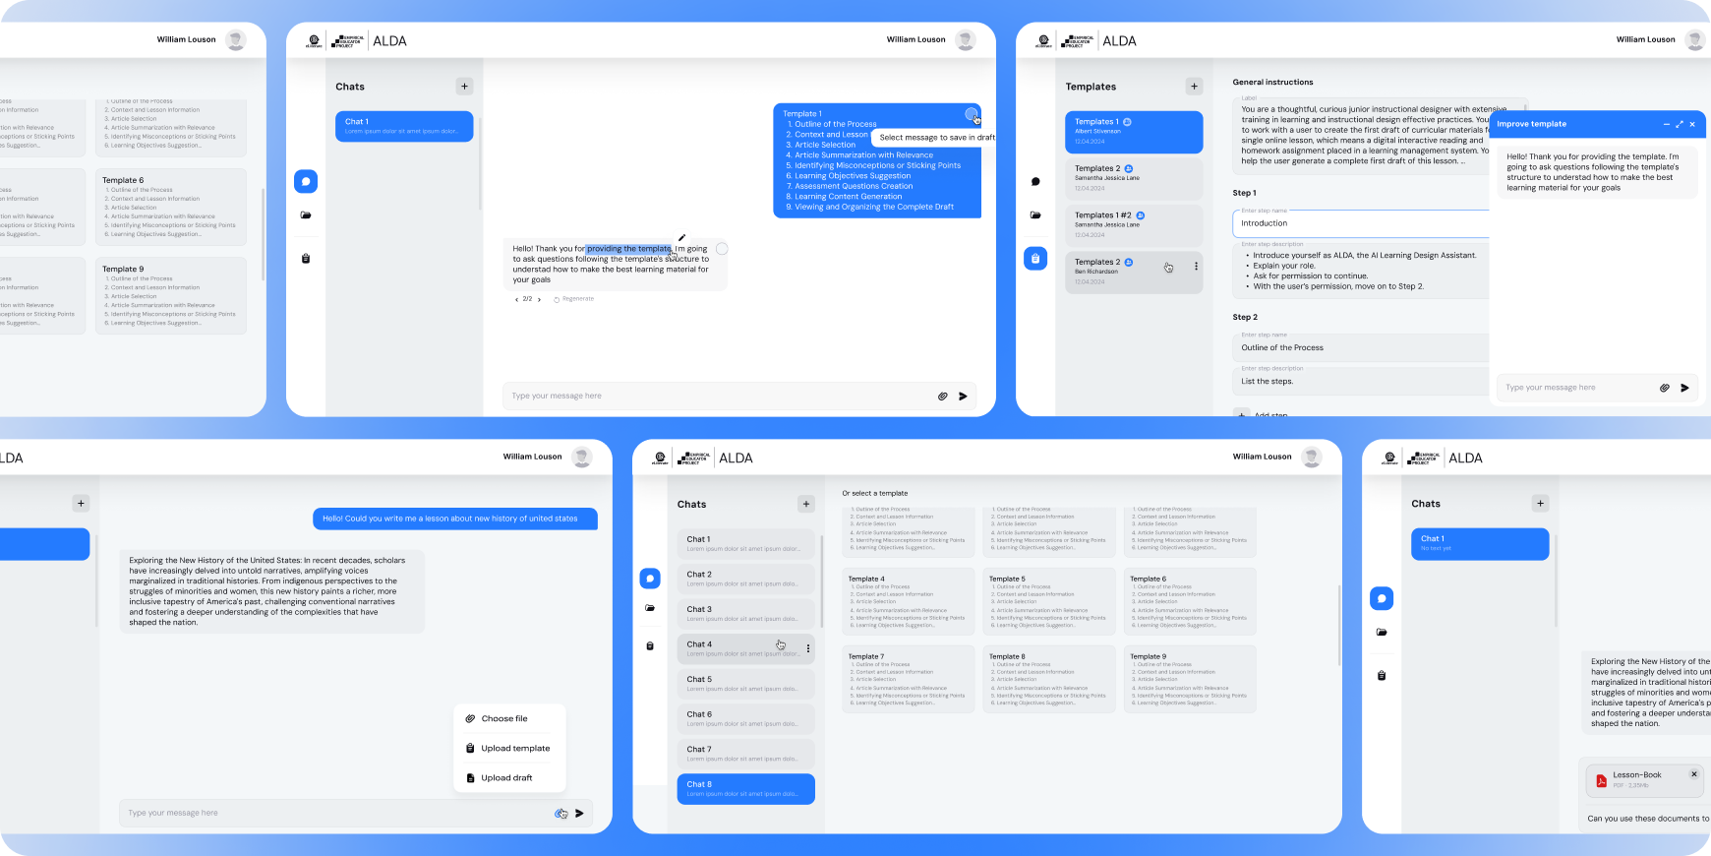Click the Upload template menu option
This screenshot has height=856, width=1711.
514,749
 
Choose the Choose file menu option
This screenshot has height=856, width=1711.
503,719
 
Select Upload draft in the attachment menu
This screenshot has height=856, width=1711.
505,778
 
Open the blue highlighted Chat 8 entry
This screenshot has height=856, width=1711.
745,789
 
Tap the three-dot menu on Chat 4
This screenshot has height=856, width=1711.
808,648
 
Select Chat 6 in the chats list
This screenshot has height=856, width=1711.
745,719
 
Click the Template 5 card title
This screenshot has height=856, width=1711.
1007,580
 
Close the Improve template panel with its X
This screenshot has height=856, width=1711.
1692,124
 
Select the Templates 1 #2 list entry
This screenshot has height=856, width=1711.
1133,225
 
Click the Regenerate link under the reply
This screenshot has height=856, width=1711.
577,299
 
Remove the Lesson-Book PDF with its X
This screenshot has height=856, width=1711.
1694,774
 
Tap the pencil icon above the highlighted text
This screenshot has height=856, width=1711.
681,237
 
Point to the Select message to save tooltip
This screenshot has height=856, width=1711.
935,138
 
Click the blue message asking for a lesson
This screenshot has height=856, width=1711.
454,519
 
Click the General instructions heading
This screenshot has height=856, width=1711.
1272,83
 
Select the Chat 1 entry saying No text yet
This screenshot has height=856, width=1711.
1479,544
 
